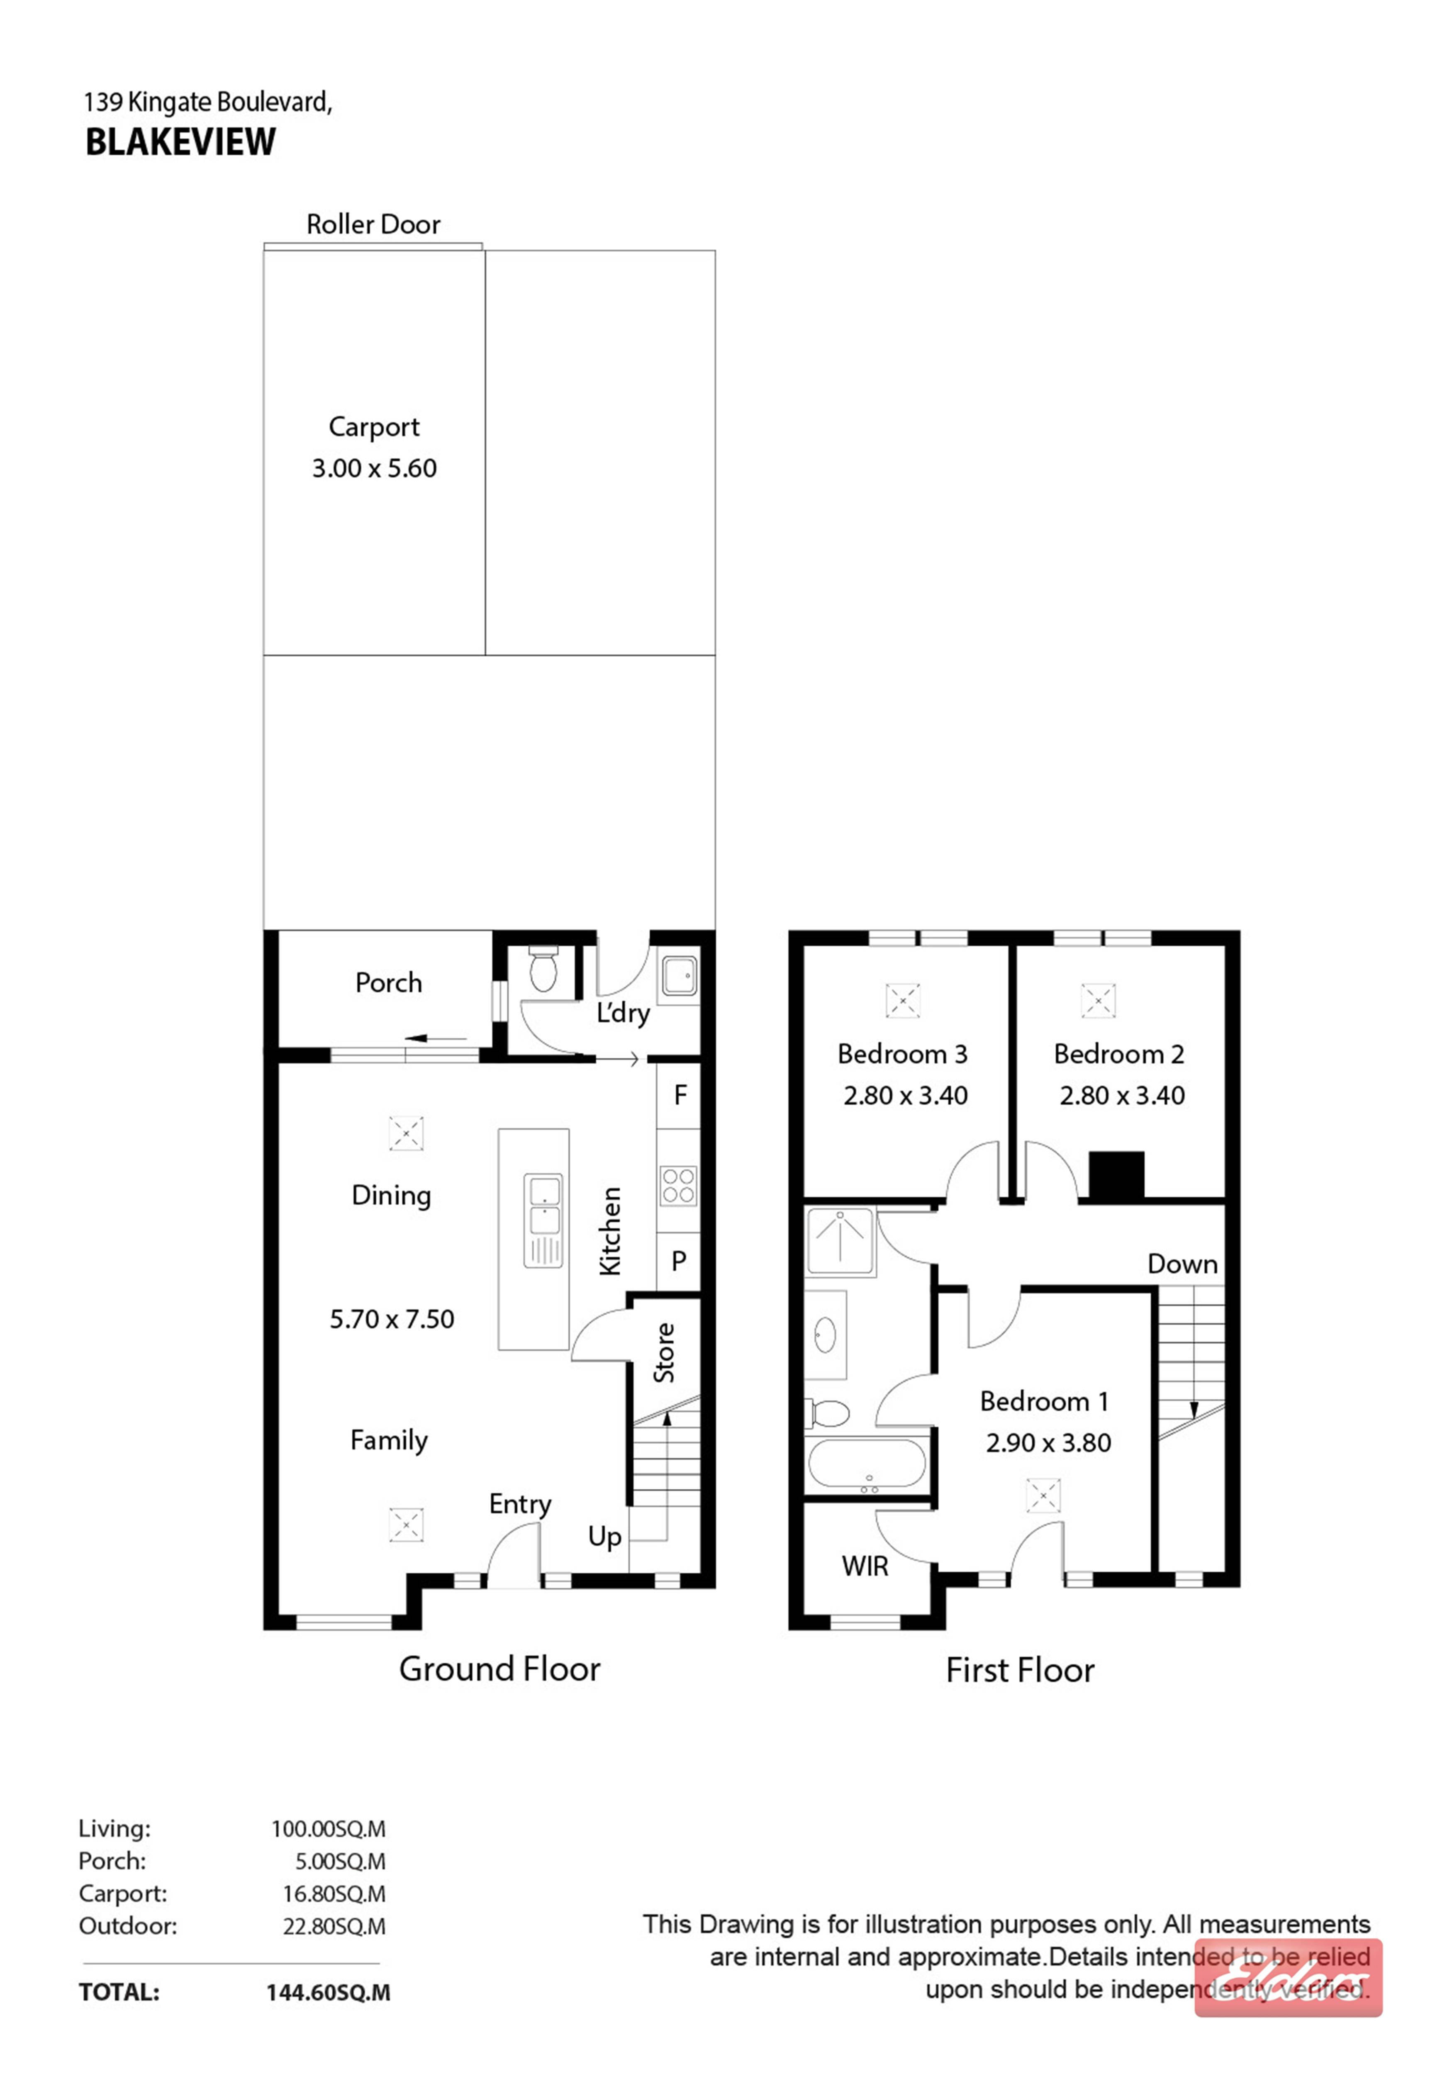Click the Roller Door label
(373, 224)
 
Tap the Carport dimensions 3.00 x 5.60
(374, 468)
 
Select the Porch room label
(388, 982)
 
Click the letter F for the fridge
(680, 1095)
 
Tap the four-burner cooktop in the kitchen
(678, 1186)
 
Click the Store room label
(665, 1352)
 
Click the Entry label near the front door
(520, 1504)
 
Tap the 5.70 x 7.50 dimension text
(392, 1319)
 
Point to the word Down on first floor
(1182, 1264)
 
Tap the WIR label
(865, 1566)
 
